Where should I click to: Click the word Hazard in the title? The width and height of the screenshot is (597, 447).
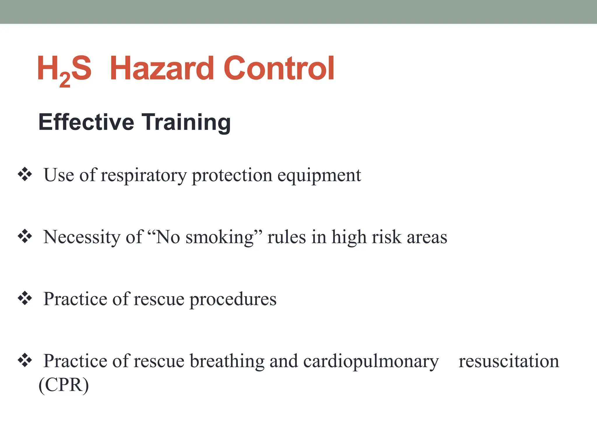pyautogui.click(x=162, y=68)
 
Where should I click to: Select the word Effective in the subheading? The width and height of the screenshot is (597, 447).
pyautogui.click(x=86, y=122)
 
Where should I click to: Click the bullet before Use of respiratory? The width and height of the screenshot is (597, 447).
pyautogui.click(x=25, y=175)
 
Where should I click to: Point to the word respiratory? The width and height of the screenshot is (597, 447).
pyautogui.click(x=144, y=176)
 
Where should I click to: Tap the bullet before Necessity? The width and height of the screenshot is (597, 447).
pyautogui.click(x=25, y=236)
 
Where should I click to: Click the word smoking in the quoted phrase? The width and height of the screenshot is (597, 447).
pyautogui.click(x=220, y=237)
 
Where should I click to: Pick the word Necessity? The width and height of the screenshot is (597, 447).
pyautogui.click(x=82, y=237)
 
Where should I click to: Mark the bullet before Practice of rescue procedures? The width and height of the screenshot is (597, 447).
pyautogui.click(x=25, y=298)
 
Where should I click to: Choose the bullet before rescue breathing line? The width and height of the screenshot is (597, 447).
pyautogui.click(x=25, y=360)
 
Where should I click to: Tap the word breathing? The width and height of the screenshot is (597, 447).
pyautogui.click(x=227, y=361)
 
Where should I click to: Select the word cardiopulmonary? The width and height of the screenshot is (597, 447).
pyautogui.click(x=371, y=361)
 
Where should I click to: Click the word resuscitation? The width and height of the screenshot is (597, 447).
pyautogui.click(x=509, y=361)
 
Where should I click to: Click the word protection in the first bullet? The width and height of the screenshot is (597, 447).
pyautogui.click(x=232, y=176)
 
